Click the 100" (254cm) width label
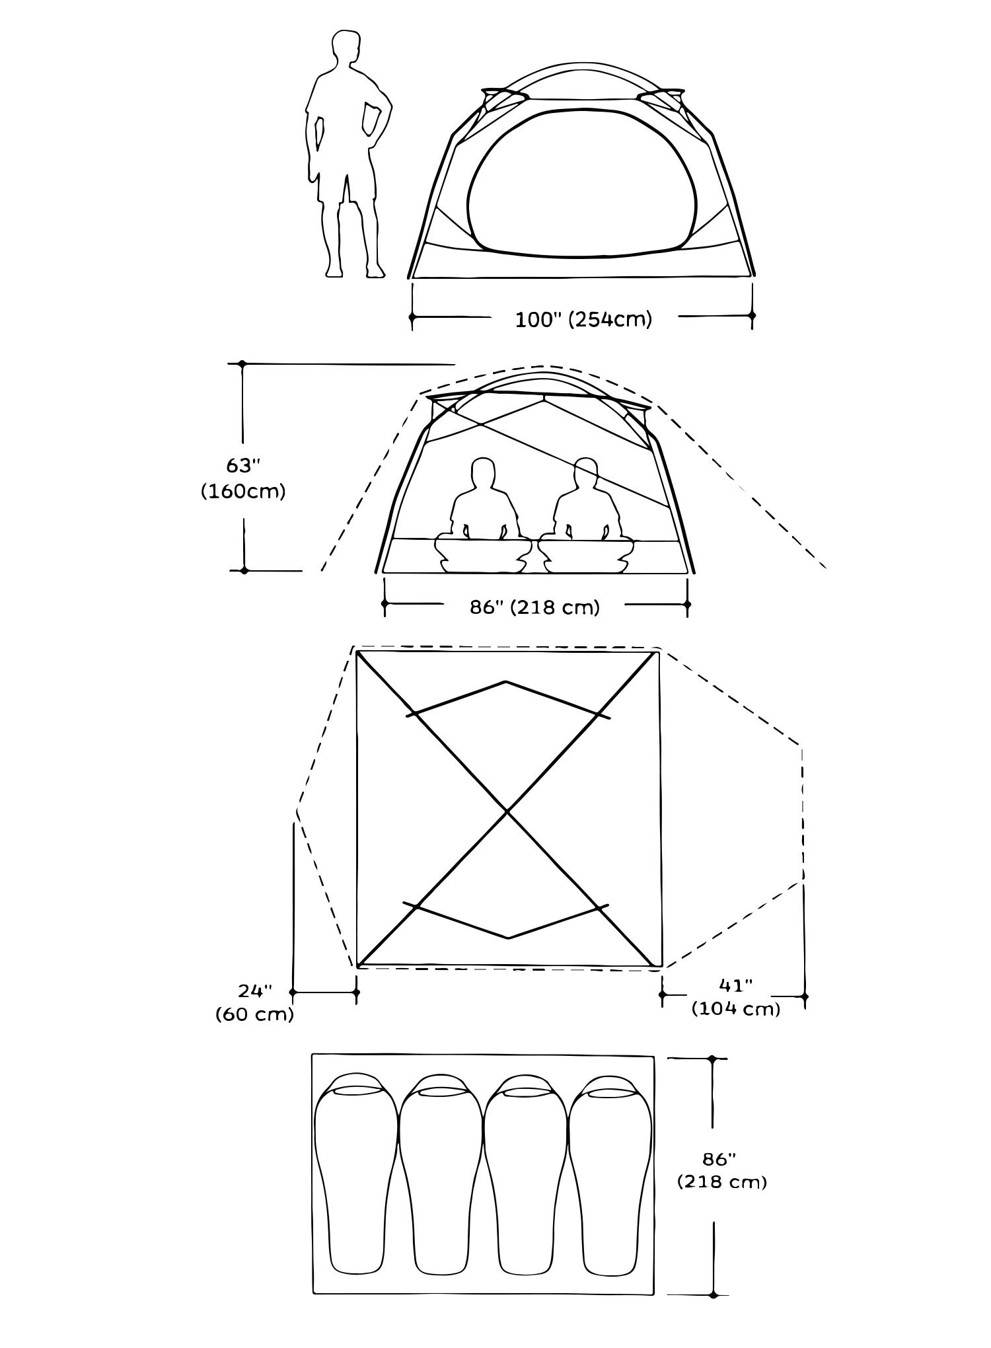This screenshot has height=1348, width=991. [583, 320]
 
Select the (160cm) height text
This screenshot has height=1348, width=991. [243, 492]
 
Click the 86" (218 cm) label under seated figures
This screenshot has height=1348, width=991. [534, 607]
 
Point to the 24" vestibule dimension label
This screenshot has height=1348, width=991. [255, 991]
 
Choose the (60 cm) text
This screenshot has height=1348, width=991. [254, 1015]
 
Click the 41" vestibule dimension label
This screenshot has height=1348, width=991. [736, 985]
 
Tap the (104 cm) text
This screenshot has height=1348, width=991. [736, 1010]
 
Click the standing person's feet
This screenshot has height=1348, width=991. [353, 271]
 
